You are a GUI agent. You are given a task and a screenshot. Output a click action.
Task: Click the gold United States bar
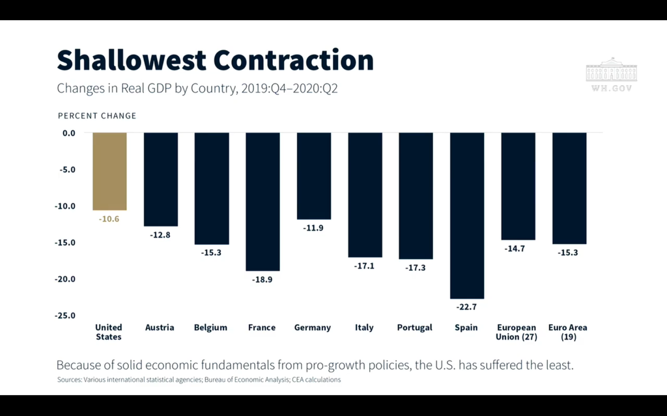point(109,171)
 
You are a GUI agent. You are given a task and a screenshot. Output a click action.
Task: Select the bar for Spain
point(467,215)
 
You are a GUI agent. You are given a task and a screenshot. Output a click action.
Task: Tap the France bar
point(263,202)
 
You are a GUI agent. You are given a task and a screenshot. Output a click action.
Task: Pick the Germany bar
point(314,176)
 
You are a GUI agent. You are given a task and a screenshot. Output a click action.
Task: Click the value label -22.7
point(466,307)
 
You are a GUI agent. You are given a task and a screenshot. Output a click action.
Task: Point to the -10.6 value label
point(109,219)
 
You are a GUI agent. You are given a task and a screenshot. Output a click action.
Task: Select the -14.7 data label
point(515,249)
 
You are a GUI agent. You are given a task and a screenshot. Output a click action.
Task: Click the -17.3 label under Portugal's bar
point(415,268)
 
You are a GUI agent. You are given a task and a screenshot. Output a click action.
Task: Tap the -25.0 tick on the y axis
point(64,316)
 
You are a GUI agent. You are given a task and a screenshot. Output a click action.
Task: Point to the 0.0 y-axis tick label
point(69,133)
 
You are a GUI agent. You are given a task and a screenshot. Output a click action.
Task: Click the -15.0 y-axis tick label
point(64,242)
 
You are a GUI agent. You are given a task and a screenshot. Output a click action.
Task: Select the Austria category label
point(160,327)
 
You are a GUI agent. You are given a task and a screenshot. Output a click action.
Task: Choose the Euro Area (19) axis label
point(568,332)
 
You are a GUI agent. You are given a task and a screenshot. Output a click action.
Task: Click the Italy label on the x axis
point(364,327)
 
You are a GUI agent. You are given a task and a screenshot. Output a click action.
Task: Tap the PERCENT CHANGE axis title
point(97,116)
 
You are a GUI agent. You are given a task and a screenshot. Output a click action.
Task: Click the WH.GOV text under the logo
point(612,89)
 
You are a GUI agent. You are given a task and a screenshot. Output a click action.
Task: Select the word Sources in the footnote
point(69,380)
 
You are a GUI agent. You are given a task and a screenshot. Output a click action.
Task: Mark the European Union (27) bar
point(518,186)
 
